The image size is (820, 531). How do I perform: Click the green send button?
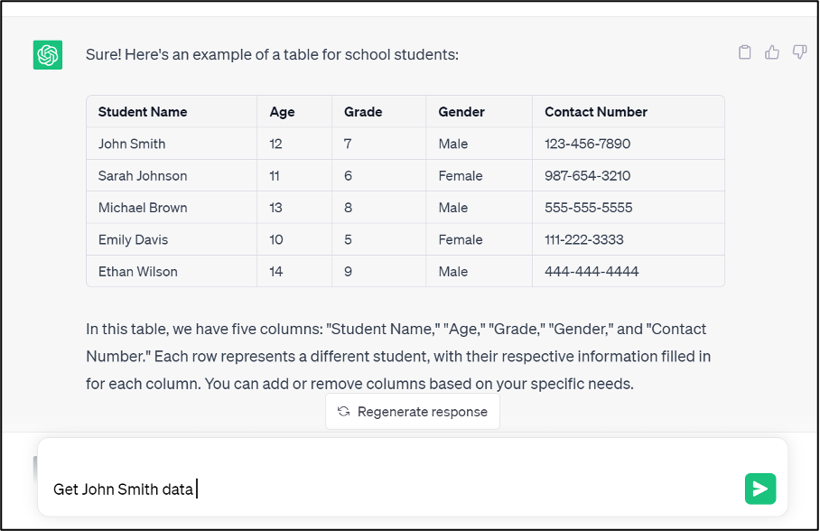coord(760,489)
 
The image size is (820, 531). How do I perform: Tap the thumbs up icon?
coord(772,52)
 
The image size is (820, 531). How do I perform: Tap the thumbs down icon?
coord(799,52)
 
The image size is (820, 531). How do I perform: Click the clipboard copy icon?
coord(745,52)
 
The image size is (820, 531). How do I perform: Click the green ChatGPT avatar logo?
coord(48,55)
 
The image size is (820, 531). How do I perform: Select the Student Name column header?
coord(143,112)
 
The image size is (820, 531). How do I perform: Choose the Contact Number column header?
coord(596,112)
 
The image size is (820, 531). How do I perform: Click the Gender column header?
coord(461,112)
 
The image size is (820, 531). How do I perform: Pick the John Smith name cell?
coord(132,144)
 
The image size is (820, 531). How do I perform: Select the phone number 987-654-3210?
coord(588,175)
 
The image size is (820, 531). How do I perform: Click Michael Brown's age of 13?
coord(276,208)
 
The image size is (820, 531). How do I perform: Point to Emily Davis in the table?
coord(133,239)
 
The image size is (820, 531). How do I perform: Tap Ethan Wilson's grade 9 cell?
coord(349,271)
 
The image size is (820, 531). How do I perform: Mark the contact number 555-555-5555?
coord(589,208)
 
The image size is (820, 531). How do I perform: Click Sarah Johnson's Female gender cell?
coord(461,175)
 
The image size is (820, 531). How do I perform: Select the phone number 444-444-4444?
coord(592,271)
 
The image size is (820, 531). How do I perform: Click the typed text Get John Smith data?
coord(123,489)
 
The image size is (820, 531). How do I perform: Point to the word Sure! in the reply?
coord(104,55)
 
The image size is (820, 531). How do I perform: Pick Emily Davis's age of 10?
coord(276,239)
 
